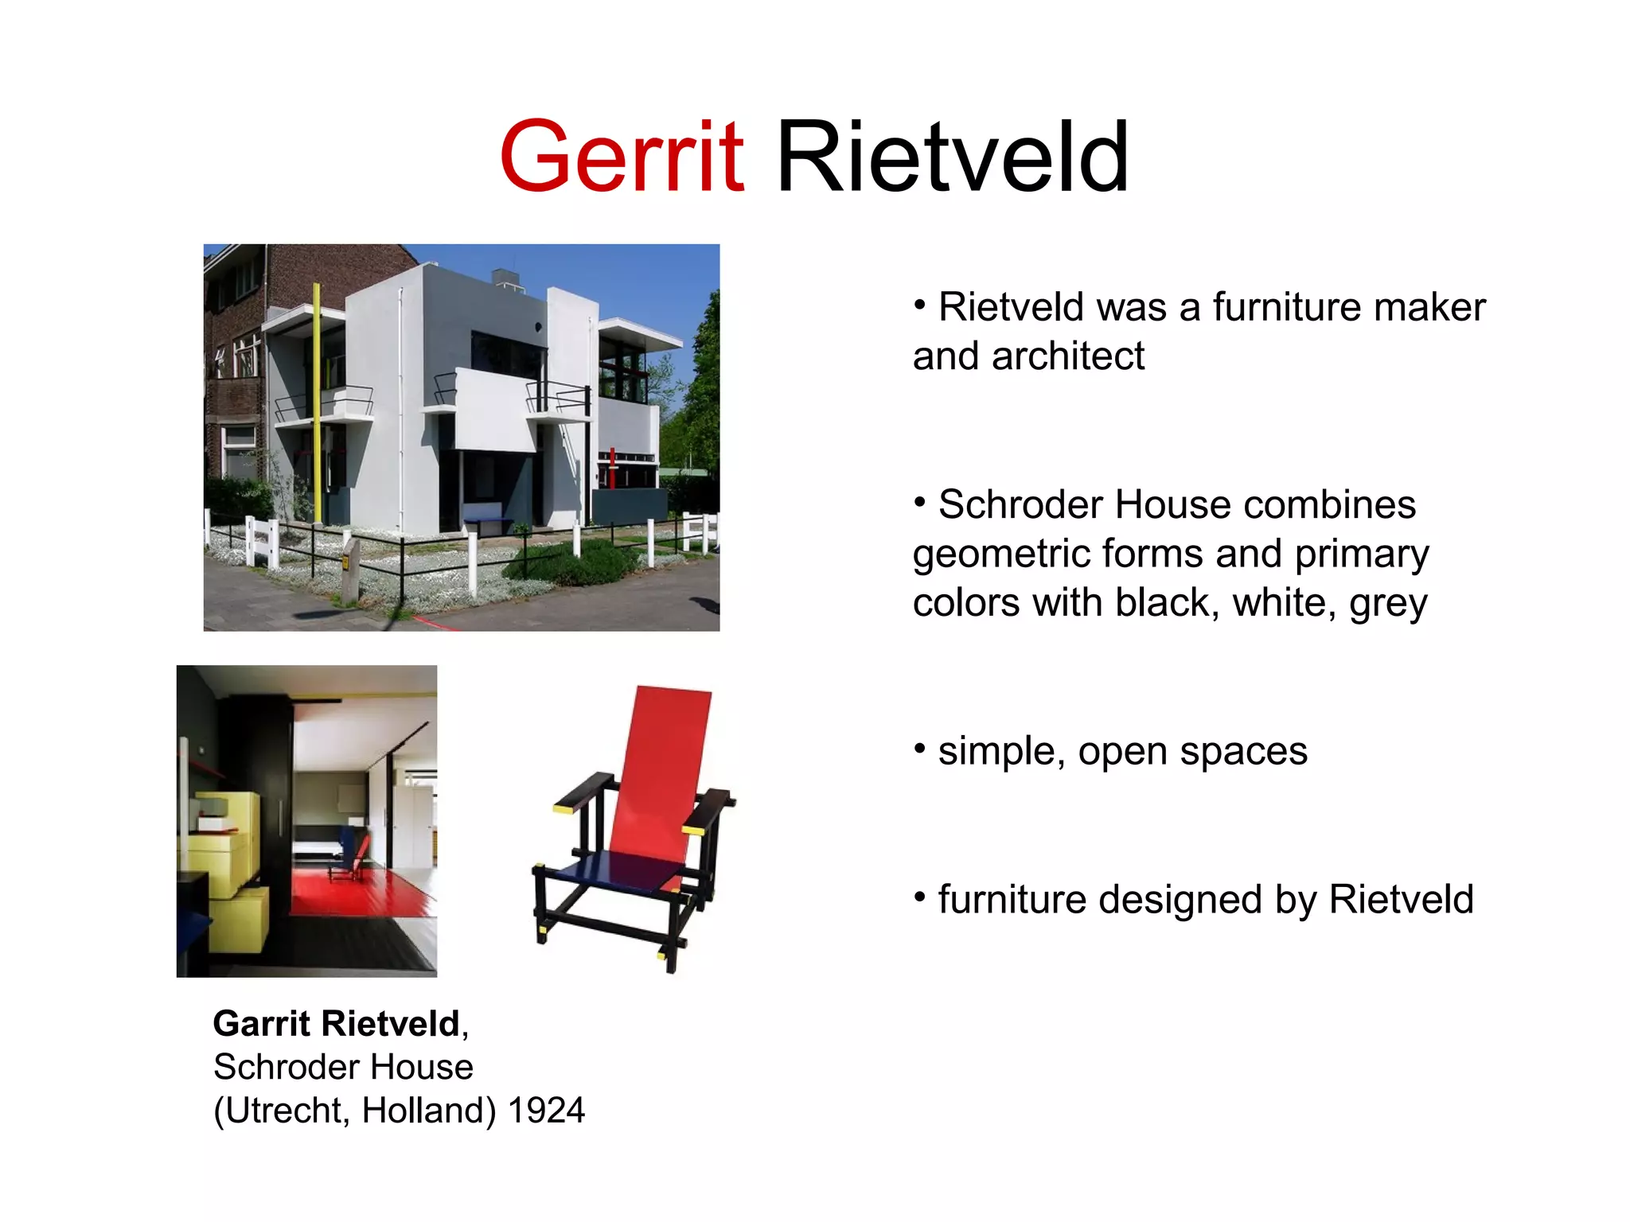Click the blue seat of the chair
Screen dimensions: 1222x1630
tap(629, 871)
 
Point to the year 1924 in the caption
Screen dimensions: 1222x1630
tap(546, 1111)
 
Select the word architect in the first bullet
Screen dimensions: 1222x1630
tap(1068, 356)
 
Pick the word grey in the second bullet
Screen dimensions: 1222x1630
tap(1388, 603)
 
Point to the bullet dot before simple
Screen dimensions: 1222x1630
tap(920, 748)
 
